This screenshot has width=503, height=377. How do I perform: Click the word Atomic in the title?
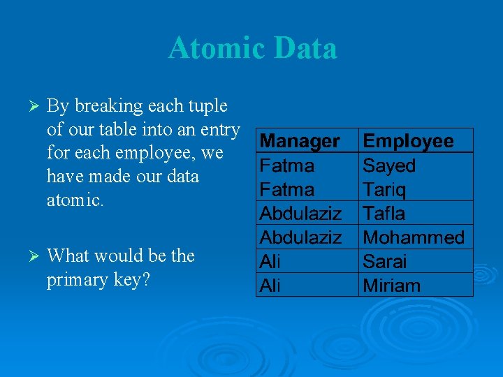(x=217, y=48)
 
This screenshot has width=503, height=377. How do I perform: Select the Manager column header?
(x=300, y=141)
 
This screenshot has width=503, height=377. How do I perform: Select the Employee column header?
(x=408, y=141)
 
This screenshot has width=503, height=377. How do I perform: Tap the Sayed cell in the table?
(x=389, y=165)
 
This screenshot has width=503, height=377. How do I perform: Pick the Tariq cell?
(x=384, y=189)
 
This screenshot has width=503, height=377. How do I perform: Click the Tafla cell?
(x=384, y=213)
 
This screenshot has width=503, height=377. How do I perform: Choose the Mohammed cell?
(x=414, y=237)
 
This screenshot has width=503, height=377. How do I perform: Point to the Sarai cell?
(x=385, y=261)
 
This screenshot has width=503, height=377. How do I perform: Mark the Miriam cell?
(x=391, y=285)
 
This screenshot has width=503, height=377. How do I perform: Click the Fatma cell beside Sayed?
(x=286, y=165)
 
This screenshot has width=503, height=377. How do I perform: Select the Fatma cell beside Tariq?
(x=286, y=189)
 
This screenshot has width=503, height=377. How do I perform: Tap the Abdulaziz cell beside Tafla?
(x=300, y=213)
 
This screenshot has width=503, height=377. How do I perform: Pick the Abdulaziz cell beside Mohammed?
(x=300, y=237)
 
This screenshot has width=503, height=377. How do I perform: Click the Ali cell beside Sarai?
(x=269, y=261)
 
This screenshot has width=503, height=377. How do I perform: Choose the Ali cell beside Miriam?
(x=269, y=285)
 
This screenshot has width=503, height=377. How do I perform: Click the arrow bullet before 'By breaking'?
(x=29, y=107)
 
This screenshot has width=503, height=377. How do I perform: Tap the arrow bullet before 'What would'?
(x=29, y=256)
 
